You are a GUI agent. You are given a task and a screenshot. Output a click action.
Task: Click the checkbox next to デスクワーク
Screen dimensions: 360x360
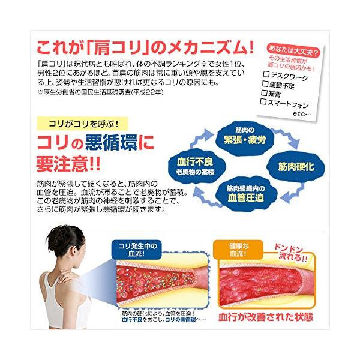tap(265, 76)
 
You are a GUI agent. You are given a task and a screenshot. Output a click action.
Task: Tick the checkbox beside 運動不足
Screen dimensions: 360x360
tap(265, 85)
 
